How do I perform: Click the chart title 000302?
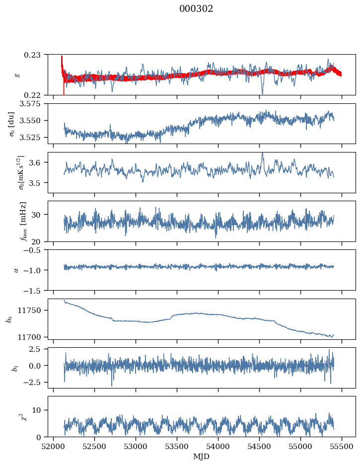[196, 9]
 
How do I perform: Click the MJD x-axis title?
[201, 457]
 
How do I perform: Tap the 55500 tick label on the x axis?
[342, 446]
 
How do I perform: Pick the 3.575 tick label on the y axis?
[34, 103]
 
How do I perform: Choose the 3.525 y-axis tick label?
[34, 137]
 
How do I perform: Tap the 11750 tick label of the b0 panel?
[34, 310]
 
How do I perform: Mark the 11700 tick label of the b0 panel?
[34, 337]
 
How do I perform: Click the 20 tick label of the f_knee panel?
[40, 241]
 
